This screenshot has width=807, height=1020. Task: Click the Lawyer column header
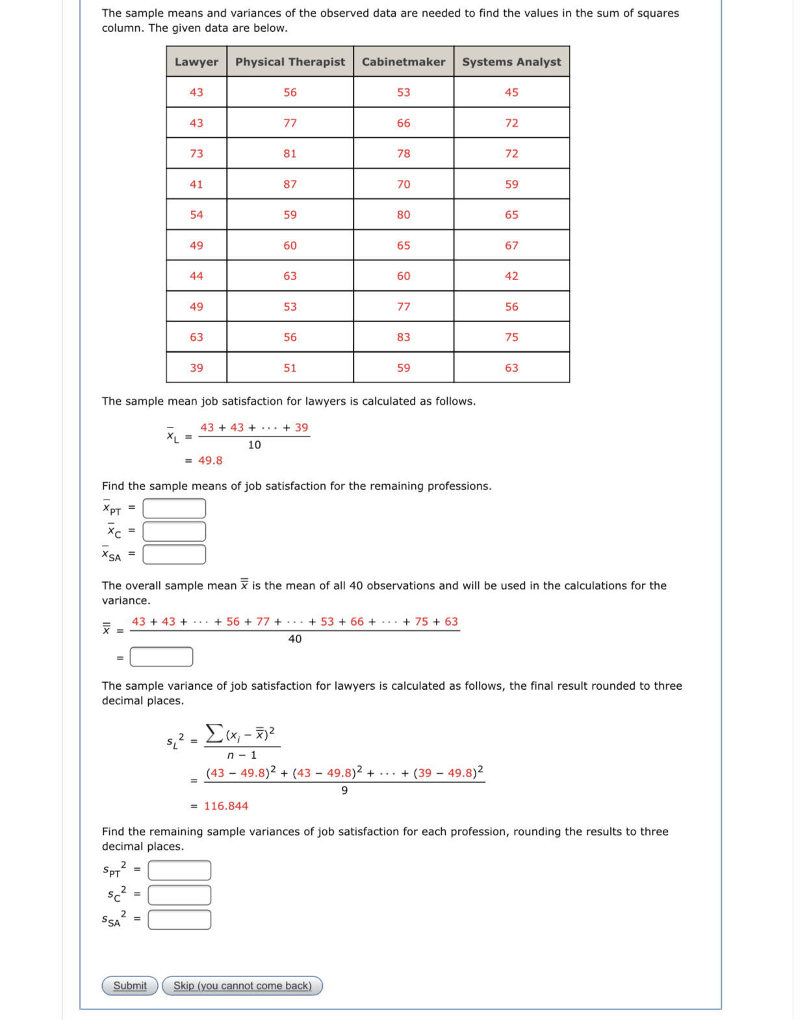pos(196,62)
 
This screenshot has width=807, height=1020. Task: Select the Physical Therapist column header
pos(290,62)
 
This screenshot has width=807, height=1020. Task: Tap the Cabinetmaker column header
pos(403,62)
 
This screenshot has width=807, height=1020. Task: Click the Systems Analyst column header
pos(511,62)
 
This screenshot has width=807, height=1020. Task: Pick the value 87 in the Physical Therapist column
pos(290,185)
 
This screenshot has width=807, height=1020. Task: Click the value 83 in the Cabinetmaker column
pos(403,337)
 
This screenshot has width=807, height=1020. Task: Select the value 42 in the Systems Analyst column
pos(511,276)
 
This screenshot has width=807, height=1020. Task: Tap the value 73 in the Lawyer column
pos(196,154)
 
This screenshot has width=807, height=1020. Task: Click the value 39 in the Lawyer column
pos(196,368)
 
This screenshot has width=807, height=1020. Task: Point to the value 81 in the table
pos(290,154)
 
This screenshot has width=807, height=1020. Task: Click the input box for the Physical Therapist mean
pos(174,508)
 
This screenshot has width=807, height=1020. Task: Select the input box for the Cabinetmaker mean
pos(174,531)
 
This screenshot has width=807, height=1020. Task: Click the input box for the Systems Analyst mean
pos(174,554)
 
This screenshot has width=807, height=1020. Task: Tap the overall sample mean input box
pos(161,657)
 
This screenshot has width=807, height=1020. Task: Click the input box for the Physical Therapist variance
pos(179,870)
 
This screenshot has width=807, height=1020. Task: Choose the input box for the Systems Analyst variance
pos(179,919)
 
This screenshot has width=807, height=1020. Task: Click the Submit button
pos(130,986)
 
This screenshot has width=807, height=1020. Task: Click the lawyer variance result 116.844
pos(226,806)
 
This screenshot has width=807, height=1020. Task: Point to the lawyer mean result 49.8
pos(210,461)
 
